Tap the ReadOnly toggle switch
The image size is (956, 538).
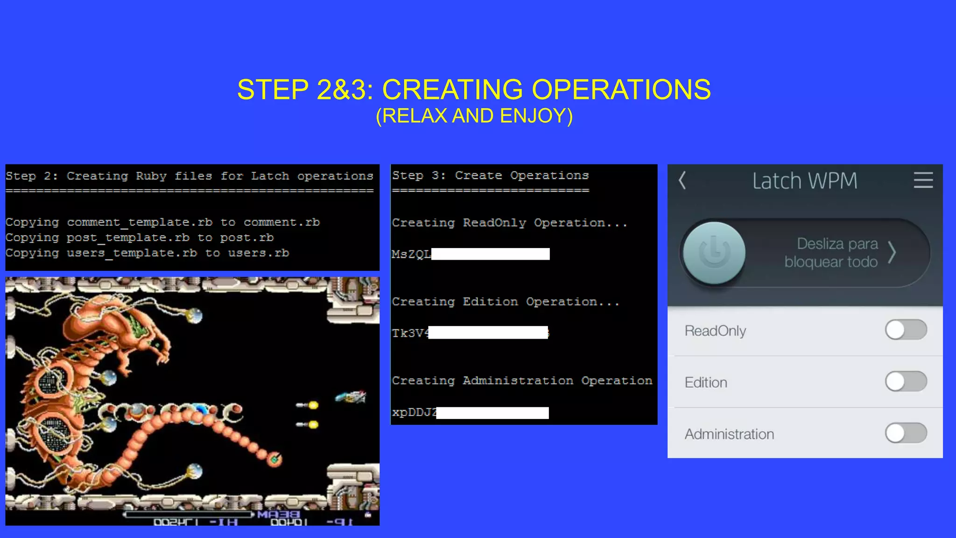point(906,330)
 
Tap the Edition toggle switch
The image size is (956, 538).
point(906,382)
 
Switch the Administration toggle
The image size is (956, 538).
point(906,433)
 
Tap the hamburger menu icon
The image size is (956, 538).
point(923,180)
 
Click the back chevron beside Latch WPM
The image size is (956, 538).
point(682,180)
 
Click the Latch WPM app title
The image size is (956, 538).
point(805,181)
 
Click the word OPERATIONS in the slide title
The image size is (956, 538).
point(621,89)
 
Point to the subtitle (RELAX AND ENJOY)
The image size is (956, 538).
point(474,116)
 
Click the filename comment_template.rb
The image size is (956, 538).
point(140,222)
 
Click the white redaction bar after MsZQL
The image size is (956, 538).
point(490,254)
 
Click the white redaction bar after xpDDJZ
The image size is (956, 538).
point(492,413)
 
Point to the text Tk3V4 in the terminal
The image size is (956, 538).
point(410,333)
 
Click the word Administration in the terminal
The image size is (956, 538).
point(518,381)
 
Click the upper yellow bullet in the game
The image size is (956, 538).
point(313,405)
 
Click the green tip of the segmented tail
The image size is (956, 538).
point(275,460)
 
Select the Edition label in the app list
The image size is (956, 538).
point(706,382)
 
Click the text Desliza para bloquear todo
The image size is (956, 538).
point(831,253)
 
